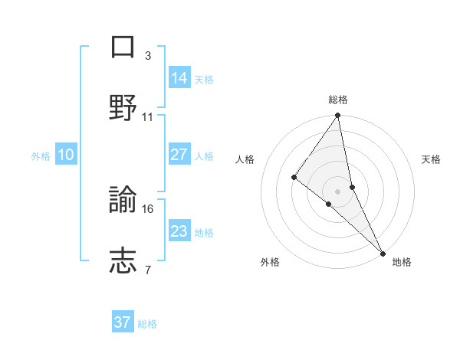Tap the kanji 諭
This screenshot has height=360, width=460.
(123, 201)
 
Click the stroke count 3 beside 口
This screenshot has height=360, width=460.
(148, 56)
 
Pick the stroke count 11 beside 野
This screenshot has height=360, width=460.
(148, 117)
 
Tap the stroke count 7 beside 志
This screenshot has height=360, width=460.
(148, 270)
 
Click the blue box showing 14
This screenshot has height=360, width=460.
(179, 77)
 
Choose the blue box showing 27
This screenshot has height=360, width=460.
(179, 155)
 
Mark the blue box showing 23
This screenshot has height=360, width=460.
(179, 231)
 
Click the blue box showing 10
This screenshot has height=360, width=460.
(66, 155)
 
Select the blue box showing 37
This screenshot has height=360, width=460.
(123, 322)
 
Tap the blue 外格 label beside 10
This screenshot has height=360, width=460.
(41, 156)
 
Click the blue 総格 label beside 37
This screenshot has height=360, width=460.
(147, 324)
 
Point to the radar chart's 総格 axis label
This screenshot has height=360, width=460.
(338, 100)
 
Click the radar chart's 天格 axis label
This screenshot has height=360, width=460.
(432, 159)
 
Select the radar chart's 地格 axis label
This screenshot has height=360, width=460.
(402, 262)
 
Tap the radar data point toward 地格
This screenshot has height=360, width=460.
(383, 252)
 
